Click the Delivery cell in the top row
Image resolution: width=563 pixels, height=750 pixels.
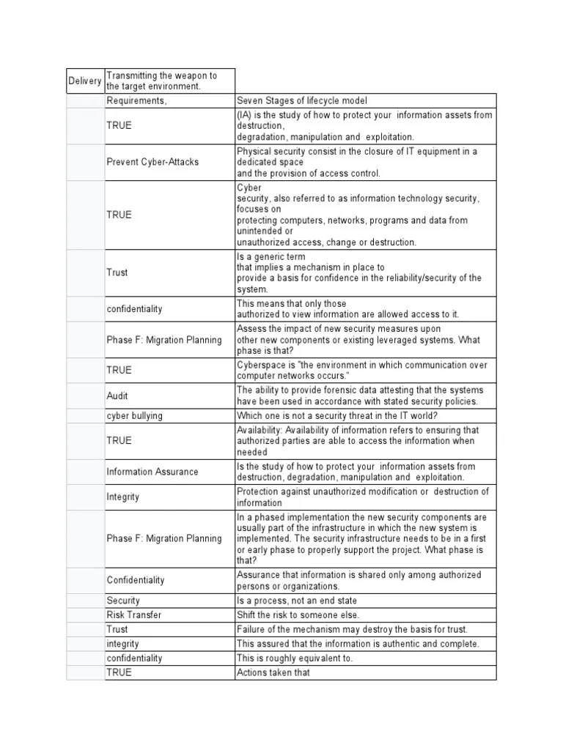85,81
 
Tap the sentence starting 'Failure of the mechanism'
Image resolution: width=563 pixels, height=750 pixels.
352,629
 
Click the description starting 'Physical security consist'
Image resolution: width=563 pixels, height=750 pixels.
356,162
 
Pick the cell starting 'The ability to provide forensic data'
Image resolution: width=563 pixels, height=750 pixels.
359,396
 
